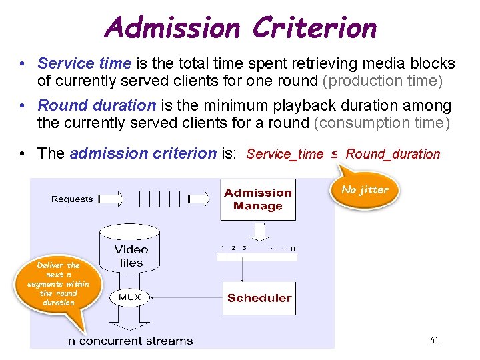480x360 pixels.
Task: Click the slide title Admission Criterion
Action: click(x=240, y=28)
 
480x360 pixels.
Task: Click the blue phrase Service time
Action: click(x=85, y=63)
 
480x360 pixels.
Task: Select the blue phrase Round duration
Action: click(x=97, y=105)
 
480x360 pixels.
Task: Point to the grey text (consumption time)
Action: click(x=382, y=123)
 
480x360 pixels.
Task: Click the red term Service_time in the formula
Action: click(x=285, y=154)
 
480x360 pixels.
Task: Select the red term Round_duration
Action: click(x=393, y=154)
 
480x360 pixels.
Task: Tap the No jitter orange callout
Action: click(x=365, y=189)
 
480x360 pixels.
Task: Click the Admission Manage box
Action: click(x=258, y=199)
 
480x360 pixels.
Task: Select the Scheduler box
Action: click(x=259, y=298)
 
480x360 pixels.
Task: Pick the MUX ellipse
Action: click(x=129, y=297)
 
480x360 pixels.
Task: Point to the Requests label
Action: click(x=72, y=199)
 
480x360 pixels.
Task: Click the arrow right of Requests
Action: click(x=109, y=198)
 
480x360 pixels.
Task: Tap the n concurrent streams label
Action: click(x=131, y=341)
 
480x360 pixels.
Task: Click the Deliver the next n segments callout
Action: click(x=58, y=284)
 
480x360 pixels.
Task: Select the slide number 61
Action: click(x=434, y=340)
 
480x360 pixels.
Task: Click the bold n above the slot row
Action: click(x=292, y=248)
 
